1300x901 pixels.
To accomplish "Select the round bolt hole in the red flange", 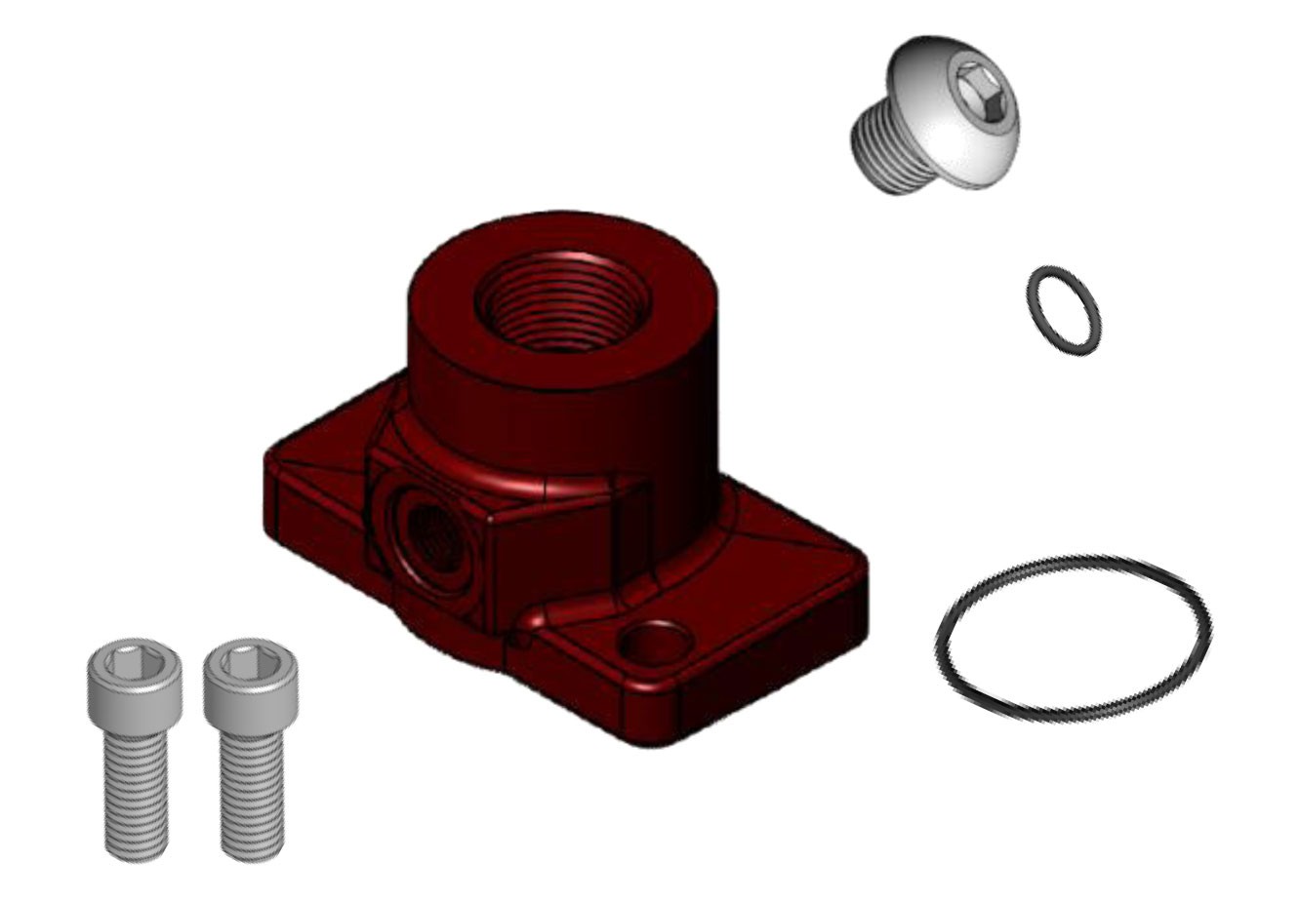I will click(x=650, y=644).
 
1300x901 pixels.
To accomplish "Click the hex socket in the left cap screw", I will click(x=128, y=661).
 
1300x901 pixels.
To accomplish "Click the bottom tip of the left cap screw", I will click(x=134, y=853).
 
